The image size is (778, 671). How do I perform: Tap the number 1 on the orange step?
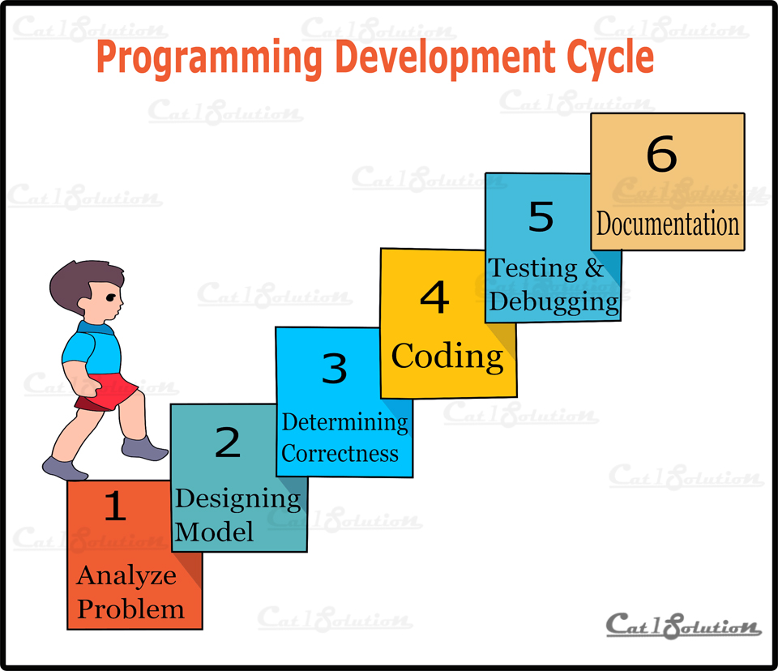coord(116,506)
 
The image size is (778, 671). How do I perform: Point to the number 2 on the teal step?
coord(228,442)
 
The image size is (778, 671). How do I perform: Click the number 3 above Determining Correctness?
coord(334,369)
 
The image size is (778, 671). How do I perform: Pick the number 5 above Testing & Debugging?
coord(541,217)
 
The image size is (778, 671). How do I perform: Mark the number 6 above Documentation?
coord(661,154)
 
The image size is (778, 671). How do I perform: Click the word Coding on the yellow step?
coord(447,356)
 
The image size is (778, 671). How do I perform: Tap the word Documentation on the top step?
coord(668,224)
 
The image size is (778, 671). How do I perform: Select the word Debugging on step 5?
coord(554,302)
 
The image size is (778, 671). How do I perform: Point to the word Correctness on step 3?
coord(340,452)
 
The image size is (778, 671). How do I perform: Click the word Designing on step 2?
coord(237,498)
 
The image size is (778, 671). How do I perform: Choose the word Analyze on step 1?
coord(126,576)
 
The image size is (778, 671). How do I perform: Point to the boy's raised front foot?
coord(146,448)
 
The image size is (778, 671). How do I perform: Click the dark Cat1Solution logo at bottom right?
coord(683,625)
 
